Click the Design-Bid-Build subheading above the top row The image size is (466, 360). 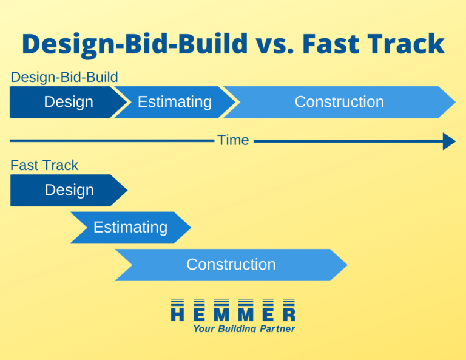tap(64, 77)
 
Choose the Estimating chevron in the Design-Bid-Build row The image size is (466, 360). tap(175, 102)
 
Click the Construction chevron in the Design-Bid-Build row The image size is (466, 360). tap(339, 102)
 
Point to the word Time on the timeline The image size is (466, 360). tap(233, 140)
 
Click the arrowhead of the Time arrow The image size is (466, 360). tap(450, 141)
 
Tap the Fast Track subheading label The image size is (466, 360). tap(44, 165)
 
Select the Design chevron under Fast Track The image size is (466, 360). tap(69, 190)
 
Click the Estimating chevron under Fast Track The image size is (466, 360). tap(130, 228)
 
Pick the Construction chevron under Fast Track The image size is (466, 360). tap(231, 265)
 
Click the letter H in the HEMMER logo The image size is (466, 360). tap(177, 314)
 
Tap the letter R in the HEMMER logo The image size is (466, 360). tap(289, 314)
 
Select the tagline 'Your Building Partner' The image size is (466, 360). tap(245, 328)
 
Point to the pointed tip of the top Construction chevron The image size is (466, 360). tap(455, 102)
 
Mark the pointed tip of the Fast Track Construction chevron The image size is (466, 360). tap(347, 265)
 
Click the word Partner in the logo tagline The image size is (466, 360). tap(277, 328)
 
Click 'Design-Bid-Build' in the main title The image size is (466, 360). tap(135, 44)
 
